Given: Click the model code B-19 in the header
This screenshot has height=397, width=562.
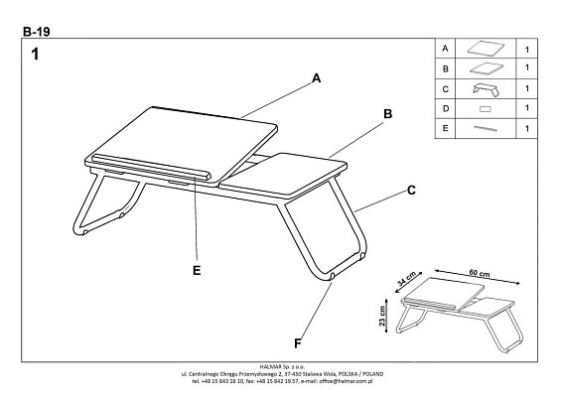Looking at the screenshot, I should tap(36, 31).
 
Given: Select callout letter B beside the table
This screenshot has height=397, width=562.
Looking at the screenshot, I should tap(388, 114).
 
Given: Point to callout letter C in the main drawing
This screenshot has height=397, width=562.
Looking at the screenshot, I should tap(408, 190).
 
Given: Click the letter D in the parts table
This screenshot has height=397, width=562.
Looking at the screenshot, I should tap(446, 107).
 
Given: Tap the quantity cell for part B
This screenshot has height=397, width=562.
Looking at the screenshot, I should tap(525, 68).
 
